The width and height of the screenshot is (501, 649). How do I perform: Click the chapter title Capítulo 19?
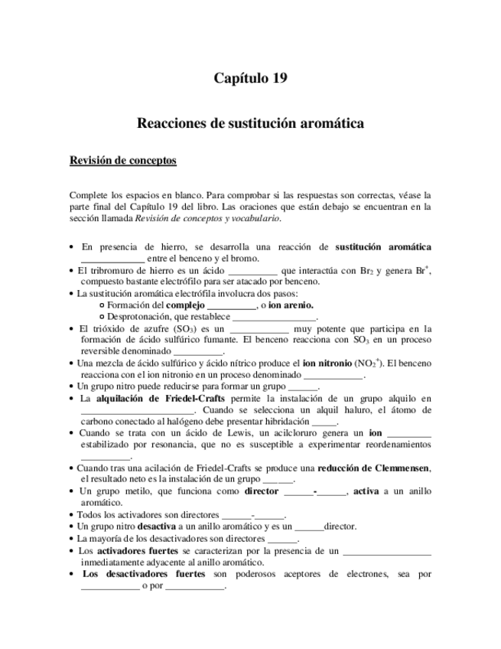[x=250, y=78]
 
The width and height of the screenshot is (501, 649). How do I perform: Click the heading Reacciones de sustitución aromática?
[x=250, y=122]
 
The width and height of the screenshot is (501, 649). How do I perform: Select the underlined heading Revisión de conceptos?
[x=123, y=161]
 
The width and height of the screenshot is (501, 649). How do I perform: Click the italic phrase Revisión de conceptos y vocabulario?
[x=207, y=218]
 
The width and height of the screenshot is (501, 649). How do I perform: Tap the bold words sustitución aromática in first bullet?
[x=383, y=247]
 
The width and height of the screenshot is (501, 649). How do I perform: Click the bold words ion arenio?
[x=291, y=305]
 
